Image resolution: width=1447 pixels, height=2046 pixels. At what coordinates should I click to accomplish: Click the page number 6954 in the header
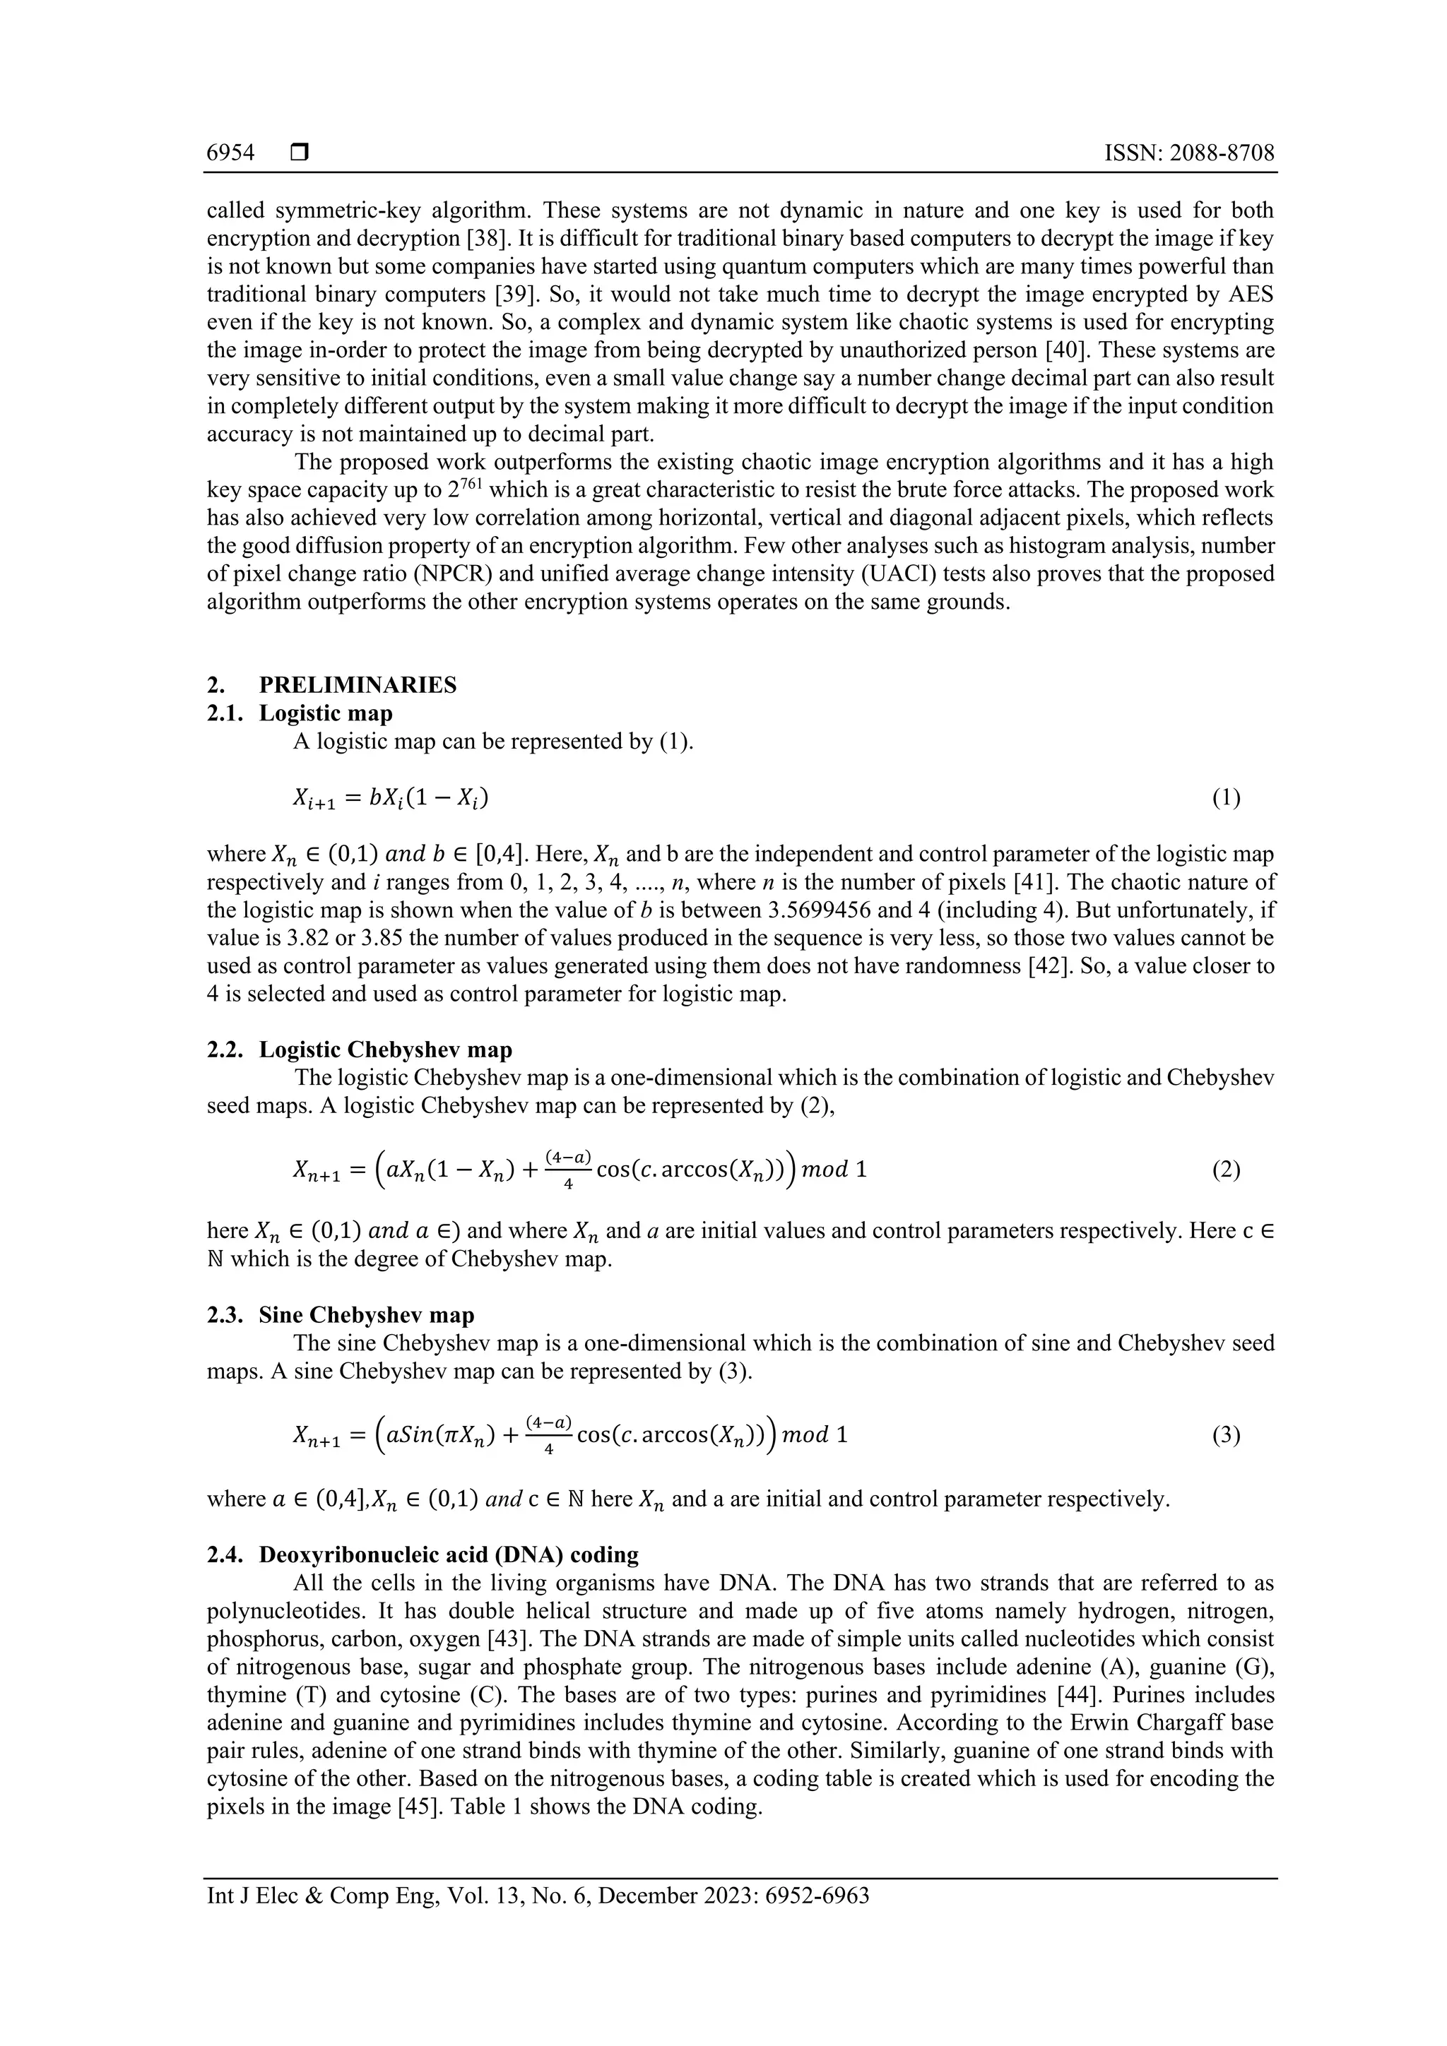pos(230,153)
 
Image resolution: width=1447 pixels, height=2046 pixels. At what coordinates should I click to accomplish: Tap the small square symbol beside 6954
pos(300,153)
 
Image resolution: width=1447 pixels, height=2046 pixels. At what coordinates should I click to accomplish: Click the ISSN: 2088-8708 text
pos(1188,153)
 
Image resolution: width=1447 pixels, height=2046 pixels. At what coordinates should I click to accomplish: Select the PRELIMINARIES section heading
pos(358,684)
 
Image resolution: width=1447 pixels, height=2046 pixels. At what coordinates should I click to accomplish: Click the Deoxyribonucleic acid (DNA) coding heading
pos(449,1555)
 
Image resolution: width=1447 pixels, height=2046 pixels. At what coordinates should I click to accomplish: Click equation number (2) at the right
pos(1226,1169)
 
